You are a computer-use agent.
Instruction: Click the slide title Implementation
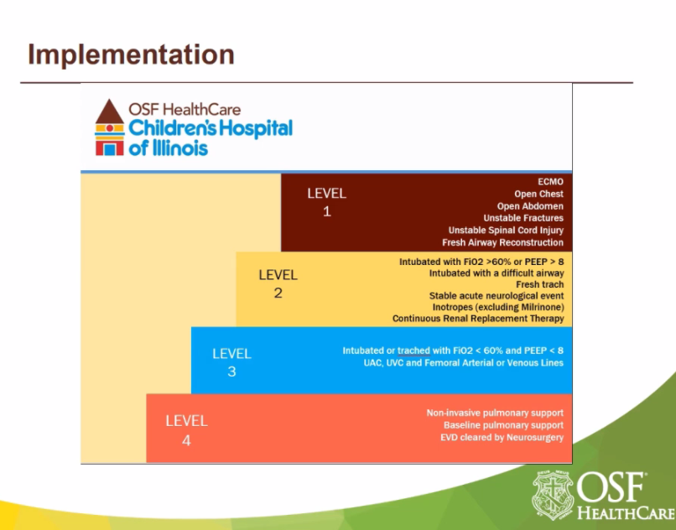tap(131, 55)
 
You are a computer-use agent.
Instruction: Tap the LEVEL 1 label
tap(326, 202)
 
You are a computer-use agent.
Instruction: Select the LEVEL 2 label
tap(278, 283)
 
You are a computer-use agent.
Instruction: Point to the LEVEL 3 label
tap(231, 361)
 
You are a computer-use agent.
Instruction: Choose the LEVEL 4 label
tap(186, 429)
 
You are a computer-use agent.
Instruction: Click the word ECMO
tap(550, 182)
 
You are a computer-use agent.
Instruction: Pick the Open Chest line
tap(538, 195)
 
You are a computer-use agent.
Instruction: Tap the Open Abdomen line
tap(530, 206)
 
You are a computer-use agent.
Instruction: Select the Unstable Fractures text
tap(523, 218)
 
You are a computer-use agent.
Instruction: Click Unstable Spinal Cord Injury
tap(506, 230)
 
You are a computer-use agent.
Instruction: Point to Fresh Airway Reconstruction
tap(502, 242)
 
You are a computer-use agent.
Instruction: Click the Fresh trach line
tap(539, 284)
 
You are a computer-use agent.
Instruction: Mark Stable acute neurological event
tap(496, 296)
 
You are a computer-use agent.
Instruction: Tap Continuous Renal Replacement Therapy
tap(477, 319)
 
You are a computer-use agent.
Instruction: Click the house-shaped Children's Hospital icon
tap(109, 127)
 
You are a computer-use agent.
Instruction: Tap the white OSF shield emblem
tap(553, 494)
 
